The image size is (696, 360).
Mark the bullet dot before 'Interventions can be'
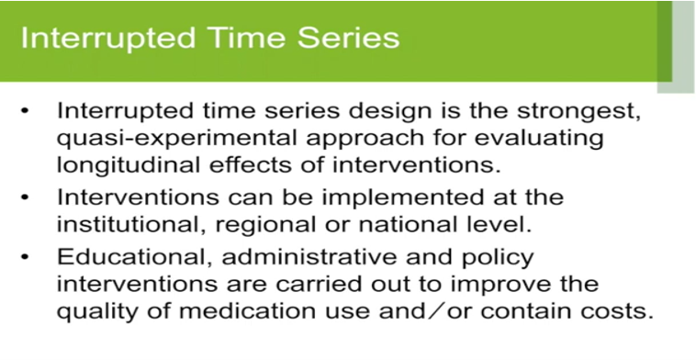point(28,198)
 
